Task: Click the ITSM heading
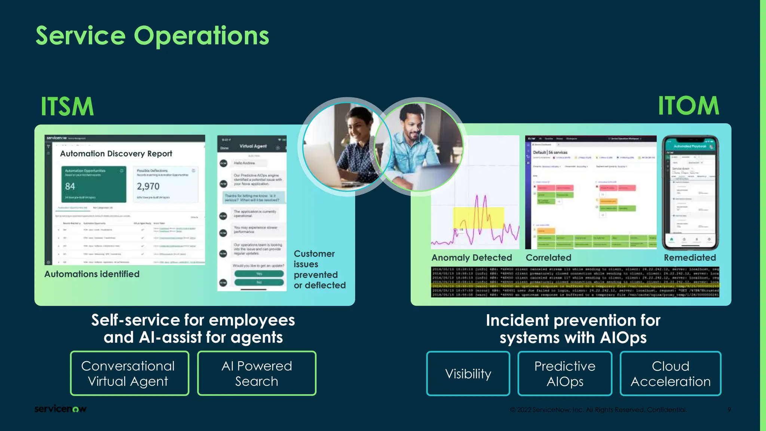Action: point(67,107)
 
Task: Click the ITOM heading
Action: point(688,106)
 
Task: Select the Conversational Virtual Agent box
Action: point(129,373)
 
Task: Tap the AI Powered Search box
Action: point(257,373)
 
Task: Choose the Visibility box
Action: point(468,374)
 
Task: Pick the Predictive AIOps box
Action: point(565,374)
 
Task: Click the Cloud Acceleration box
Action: point(670,374)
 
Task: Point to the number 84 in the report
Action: point(70,186)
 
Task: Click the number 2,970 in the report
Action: point(148,186)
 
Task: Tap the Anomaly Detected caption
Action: point(471,258)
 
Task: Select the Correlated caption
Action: point(548,258)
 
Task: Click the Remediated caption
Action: point(690,258)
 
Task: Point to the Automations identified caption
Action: point(92,274)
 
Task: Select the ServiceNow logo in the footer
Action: point(60,409)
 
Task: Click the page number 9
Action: point(729,410)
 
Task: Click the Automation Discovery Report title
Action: point(116,154)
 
